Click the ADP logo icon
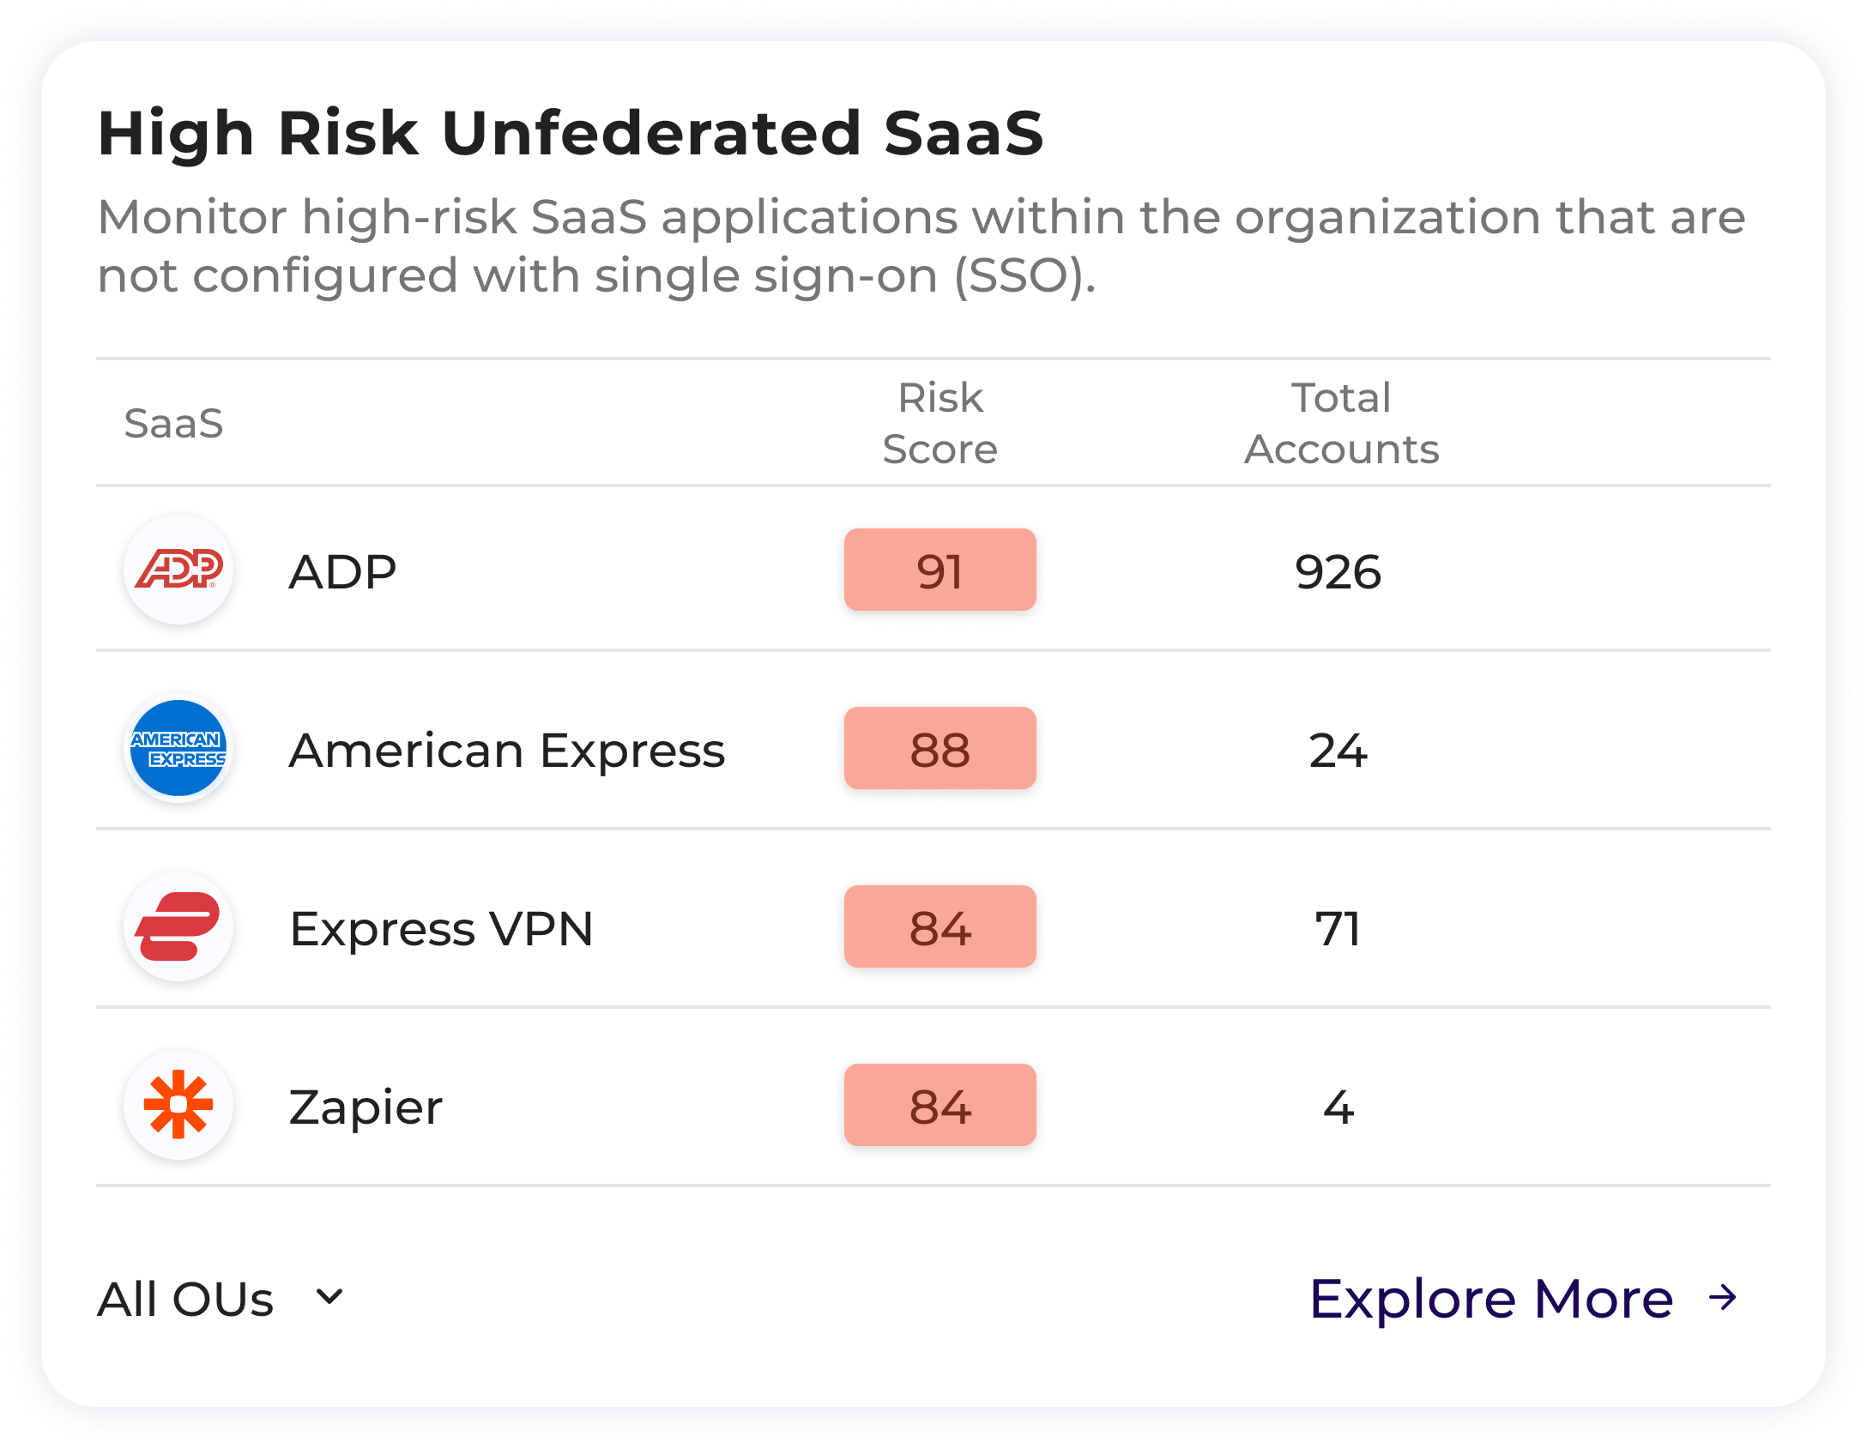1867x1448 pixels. tap(178, 570)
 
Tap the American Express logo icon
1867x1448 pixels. tap(178, 748)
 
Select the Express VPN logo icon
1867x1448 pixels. tap(178, 926)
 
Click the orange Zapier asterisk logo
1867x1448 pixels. tap(178, 1105)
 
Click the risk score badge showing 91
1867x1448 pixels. tap(940, 570)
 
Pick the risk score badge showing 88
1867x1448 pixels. tap(940, 748)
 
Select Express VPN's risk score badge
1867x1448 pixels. tap(940, 926)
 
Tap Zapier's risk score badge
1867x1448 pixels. tap(940, 1105)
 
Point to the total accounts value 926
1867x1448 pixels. tap(1338, 571)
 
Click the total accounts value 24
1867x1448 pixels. tap(1338, 750)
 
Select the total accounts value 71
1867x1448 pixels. tap(1338, 928)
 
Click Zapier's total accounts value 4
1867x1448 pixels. tap(1338, 1107)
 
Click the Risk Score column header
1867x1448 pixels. tap(940, 423)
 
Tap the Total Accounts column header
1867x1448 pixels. tap(1341, 423)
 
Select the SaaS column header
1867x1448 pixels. tap(173, 423)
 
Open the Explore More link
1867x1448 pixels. tap(1491, 1298)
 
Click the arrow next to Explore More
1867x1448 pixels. tap(1722, 1298)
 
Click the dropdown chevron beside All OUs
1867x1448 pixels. tap(329, 1296)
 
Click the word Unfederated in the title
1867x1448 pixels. tap(651, 134)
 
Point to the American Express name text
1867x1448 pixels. tap(507, 750)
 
